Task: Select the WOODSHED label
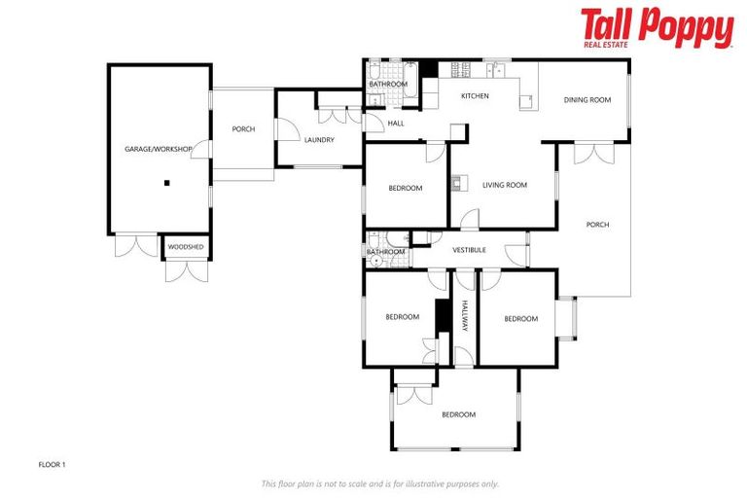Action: tap(186, 247)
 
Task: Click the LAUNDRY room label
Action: tap(319, 140)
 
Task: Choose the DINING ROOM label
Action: tap(587, 99)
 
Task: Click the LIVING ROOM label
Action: tap(505, 185)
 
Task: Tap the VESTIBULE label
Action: tap(470, 250)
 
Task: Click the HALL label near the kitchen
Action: tap(396, 123)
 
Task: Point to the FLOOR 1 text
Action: tap(52, 464)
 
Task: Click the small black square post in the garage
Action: tap(167, 182)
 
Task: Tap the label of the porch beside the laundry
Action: tap(243, 129)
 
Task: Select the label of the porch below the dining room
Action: tap(597, 225)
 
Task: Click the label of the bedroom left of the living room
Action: tap(406, 188)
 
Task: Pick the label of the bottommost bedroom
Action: tap(459, 414)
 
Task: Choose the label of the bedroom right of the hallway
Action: tap(520, 318)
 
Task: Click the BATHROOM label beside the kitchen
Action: tap(388, 85)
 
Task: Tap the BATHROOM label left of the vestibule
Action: tap(385, 252)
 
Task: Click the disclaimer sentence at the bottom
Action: tap(380, 483)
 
